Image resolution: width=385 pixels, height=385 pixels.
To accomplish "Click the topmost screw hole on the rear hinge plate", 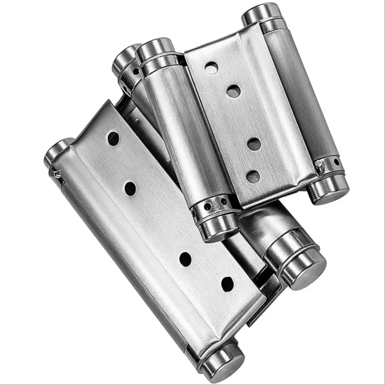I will click(211, 68).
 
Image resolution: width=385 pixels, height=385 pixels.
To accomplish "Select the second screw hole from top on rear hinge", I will click(233, 91).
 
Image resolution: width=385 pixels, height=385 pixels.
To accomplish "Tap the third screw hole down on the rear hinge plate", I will click(254, 144).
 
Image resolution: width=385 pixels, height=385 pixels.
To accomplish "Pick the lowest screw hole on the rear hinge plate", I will click(253, 177).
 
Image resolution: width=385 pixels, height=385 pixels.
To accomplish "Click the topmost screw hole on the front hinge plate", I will click(113, 138).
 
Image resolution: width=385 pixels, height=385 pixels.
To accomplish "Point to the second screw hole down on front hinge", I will click(130, 188).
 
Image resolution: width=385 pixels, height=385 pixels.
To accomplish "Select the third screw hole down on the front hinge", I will click(185, 259).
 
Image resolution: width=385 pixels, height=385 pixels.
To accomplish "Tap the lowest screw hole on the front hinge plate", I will click(228, 284).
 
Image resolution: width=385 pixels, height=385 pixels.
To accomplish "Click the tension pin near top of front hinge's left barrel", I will click(56, 174).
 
